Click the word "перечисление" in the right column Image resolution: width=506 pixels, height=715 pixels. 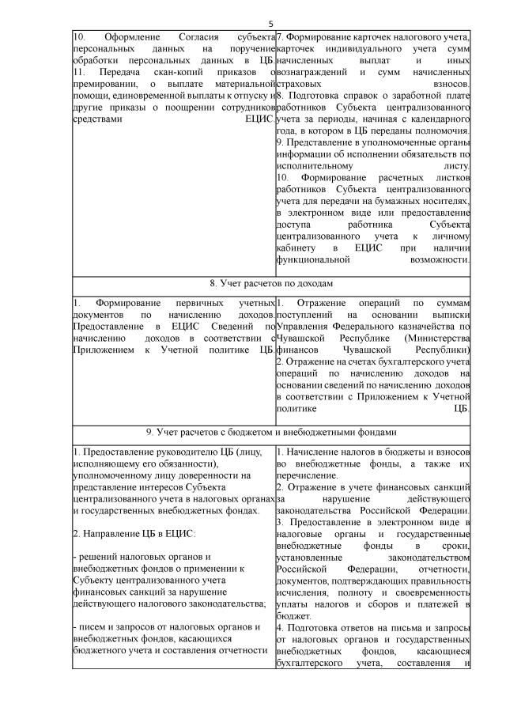tap(309, 475)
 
